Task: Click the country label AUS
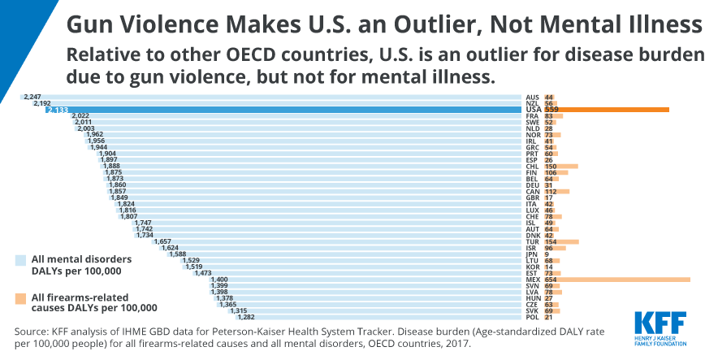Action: [x=532, y=97]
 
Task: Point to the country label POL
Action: [x=532, y=317]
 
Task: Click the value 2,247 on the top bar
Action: [x=32, y=97]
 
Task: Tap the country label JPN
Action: [x=532, y=254]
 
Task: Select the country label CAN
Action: [x=532, y=191]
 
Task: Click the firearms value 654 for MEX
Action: [x=551, y=279]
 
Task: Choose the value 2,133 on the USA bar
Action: [x=56, y=110]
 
